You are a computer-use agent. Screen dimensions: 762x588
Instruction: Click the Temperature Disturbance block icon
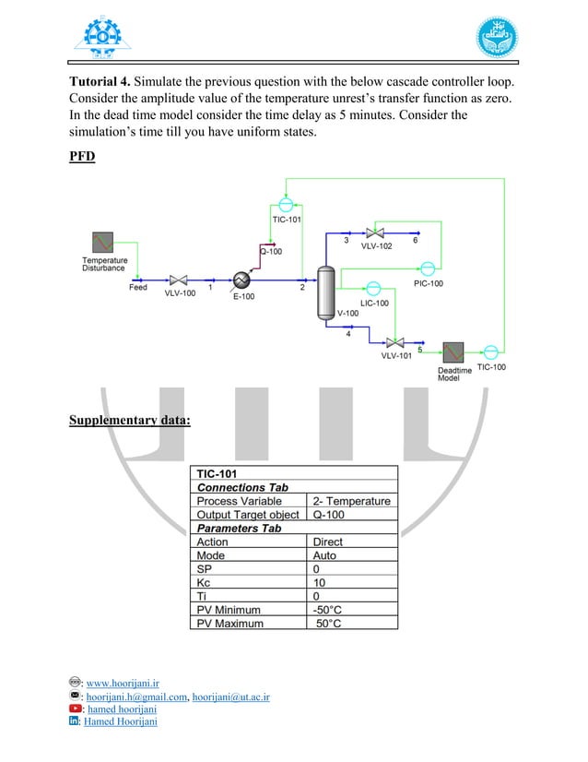click(100, 243)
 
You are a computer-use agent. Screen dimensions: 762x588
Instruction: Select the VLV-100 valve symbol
click(179, 280)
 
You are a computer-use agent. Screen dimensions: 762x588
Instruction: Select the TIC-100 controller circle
click(490, 351)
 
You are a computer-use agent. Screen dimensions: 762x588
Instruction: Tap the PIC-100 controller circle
click(428, 268)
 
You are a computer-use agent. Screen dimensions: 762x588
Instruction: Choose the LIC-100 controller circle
click(373, 288)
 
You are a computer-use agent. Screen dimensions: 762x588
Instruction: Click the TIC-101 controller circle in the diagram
click(286, 204)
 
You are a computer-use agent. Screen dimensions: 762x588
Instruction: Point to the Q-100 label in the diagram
click(271, 251)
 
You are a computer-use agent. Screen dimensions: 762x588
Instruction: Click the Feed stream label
click(137, 288)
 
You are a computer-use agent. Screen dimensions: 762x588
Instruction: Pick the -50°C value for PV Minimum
click(330, 610)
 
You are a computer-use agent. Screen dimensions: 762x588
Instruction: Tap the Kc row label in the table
click(204, 583)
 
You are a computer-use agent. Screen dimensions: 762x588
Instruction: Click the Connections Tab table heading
click(242, 487)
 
